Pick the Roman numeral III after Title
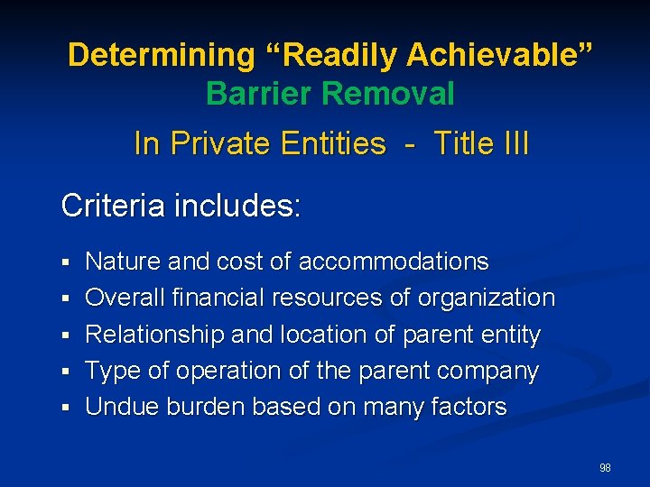click(x=513, y=143)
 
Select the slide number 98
click(x=605, y=468)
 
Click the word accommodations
click(x=394, y=262)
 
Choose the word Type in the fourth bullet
click(x=112, y=372)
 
